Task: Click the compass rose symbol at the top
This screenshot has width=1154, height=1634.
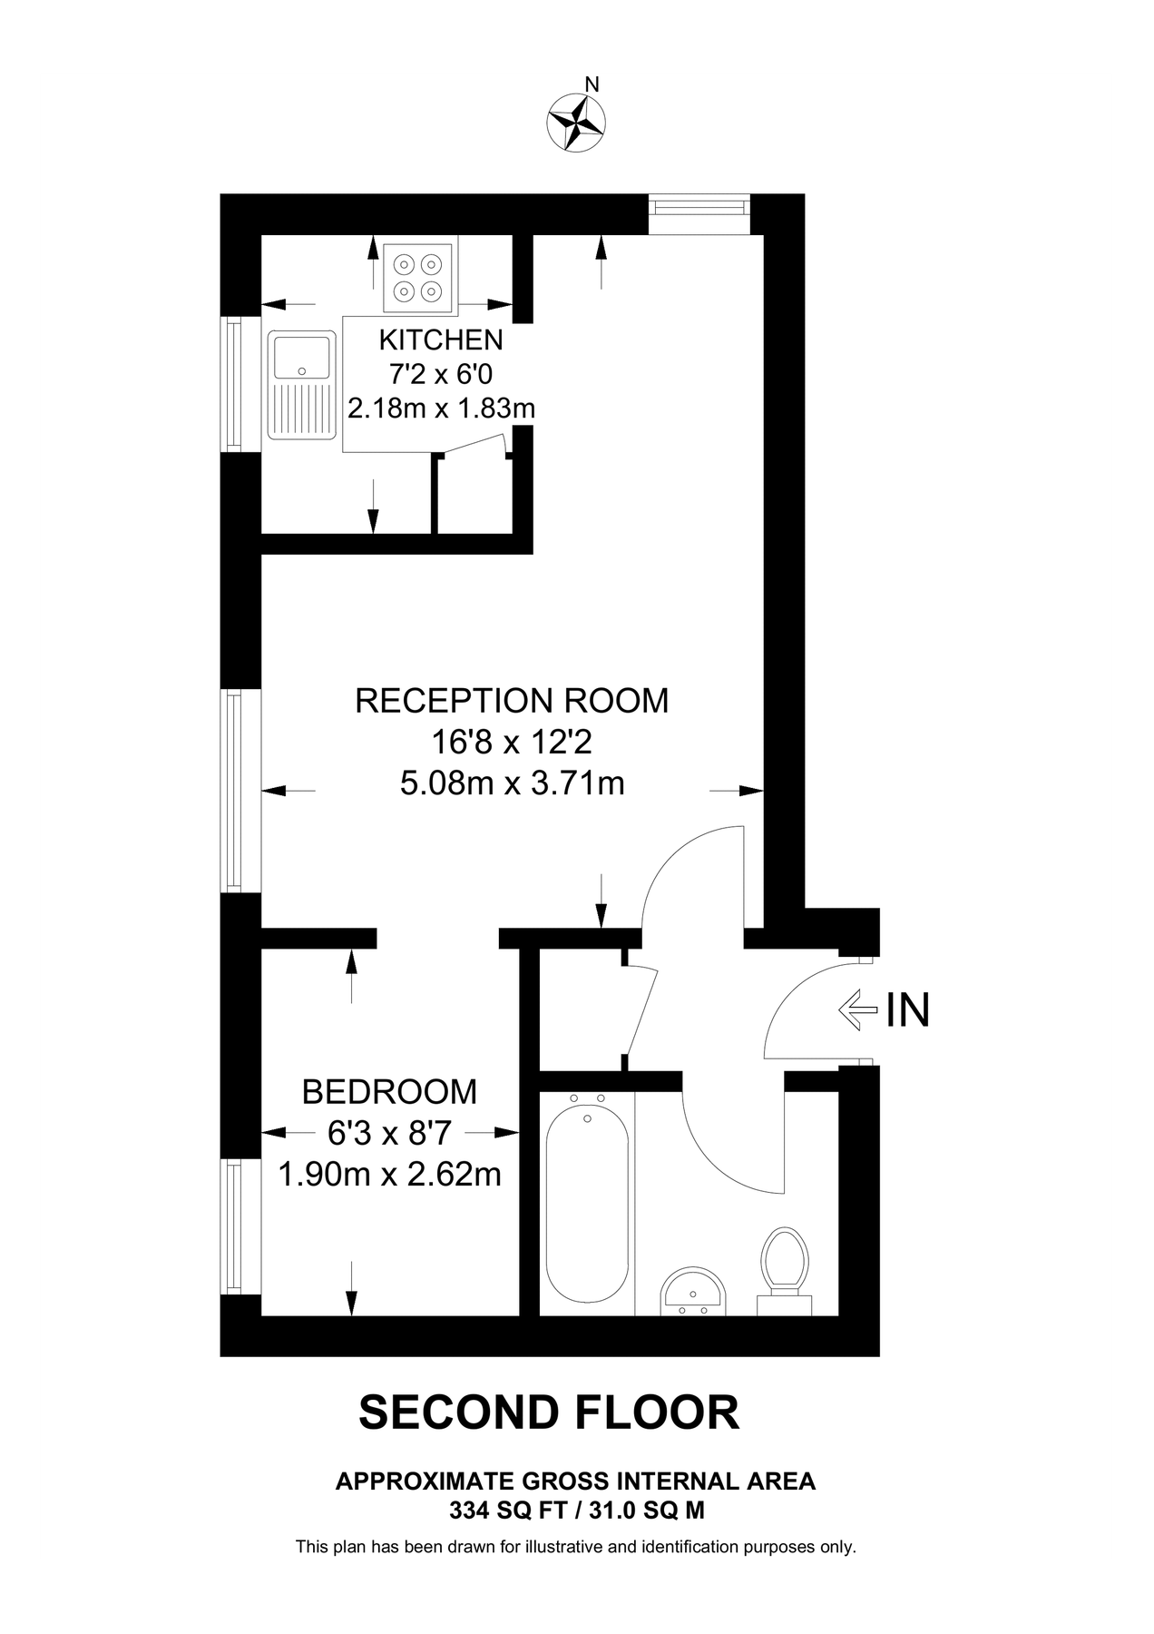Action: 577,122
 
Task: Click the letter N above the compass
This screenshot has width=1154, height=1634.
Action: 592,85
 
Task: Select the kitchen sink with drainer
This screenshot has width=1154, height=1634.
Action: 302,386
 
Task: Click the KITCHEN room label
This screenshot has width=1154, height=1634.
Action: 441,340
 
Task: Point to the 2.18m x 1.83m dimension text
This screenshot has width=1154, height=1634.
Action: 441,408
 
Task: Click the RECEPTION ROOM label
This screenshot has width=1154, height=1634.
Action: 512,701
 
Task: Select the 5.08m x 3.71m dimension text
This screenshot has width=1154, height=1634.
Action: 512,783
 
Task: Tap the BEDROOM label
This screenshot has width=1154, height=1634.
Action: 389,1091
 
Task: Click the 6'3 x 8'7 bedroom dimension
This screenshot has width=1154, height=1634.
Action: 389,1133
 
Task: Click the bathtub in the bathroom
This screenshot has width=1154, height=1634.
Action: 587,1198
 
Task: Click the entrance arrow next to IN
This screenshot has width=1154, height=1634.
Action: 858,1009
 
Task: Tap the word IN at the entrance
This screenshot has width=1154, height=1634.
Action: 908,1009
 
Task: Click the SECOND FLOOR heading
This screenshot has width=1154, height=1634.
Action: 549,1413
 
